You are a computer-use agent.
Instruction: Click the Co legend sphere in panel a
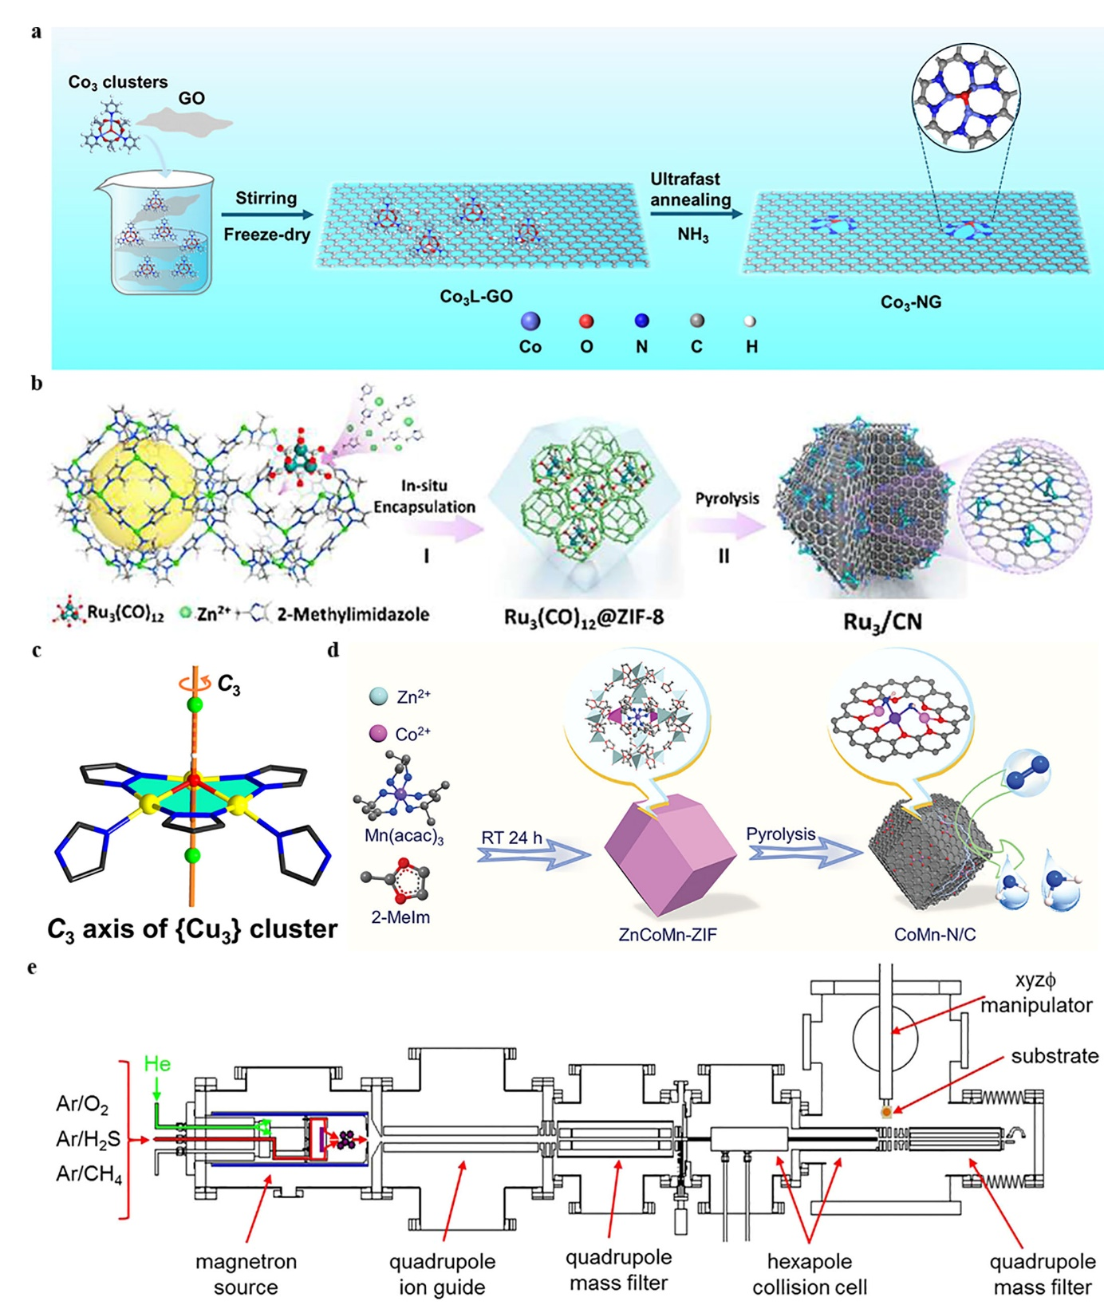coord(530,321)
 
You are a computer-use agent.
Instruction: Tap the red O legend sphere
coord(586,321)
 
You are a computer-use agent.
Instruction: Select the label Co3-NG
coord(910,302)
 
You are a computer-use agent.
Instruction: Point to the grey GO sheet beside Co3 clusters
coord(185,123)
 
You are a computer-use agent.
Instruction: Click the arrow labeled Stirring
coord(267,215)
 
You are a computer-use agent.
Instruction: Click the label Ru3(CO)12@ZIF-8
coord(584,617)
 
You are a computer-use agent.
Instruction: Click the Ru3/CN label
coord(882,621)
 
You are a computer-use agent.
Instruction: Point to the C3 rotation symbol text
coord(228,684)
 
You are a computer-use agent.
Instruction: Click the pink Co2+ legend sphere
coord(378,733)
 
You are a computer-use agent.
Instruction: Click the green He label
coord(157,1063)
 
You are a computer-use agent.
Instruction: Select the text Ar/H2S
coord(88,1139)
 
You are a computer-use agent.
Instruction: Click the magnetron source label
coord(246,1274)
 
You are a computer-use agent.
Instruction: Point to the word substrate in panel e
coord(1055,1056)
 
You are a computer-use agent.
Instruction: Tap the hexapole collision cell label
coord(809,1274)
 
